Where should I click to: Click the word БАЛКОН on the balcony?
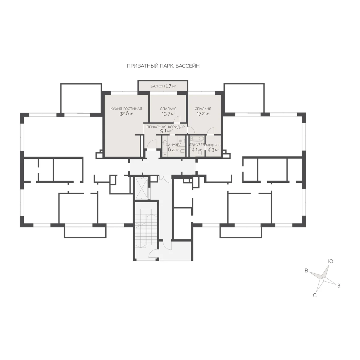coord(157,86)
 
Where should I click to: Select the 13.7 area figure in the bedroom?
coord(166,114)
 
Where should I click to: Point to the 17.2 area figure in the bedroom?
coord(201,114)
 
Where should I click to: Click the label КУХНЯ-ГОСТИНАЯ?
coord(126,109)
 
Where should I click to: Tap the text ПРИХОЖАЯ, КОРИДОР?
coord(166,127)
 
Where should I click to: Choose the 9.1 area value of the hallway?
coord(163,131)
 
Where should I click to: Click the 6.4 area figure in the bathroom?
coord(171,150)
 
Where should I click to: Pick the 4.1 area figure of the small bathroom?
coord(195,150)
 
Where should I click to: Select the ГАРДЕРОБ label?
coord(213,145)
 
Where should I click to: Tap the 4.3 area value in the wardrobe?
coord(211,150)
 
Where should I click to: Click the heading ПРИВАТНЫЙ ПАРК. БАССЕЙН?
coord(163,66)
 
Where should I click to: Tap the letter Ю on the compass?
coord(331,261)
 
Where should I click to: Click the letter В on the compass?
coord(306,276)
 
